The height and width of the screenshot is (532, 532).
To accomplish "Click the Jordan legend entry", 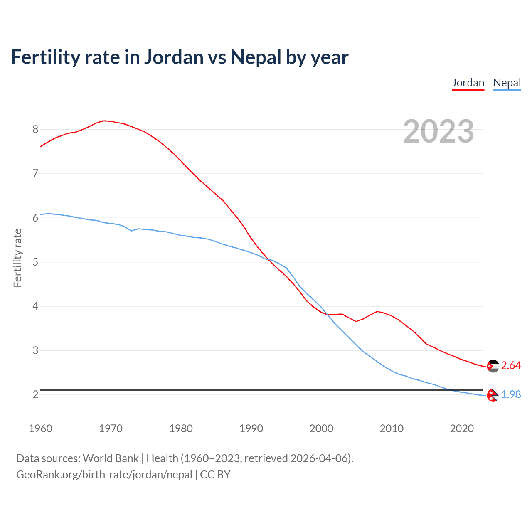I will tap(468, 83).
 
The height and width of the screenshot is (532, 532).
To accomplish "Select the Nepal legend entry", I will tap(507, 83).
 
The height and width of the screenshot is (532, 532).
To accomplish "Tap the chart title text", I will tap(180, 57).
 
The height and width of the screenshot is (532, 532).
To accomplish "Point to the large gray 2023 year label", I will tap(438, 131).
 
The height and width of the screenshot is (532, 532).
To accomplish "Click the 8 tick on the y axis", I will tap(35, 129).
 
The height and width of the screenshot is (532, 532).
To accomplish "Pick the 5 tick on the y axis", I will tap(35, 262).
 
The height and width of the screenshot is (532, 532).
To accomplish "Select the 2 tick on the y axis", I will tap(35, 394).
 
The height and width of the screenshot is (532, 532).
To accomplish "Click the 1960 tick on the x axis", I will tap(40, 429).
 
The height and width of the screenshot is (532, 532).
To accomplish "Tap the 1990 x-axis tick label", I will tap(251, 429).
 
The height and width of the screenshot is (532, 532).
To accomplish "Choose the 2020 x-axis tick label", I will tap(462, 429).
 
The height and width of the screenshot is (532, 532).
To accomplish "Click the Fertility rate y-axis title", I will tap(17, 258).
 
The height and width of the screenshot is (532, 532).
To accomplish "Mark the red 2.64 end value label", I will tap(511, 365).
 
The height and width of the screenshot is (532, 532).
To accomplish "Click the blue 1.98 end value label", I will tap(511, 394).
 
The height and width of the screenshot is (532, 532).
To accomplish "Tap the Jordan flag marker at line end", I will tap(493, 366).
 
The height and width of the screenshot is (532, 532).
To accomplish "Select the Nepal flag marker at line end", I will tap(493, 396).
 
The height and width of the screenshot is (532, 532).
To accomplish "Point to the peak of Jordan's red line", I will tap(104, 121).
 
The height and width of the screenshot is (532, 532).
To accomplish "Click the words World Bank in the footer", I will tap(111, 458).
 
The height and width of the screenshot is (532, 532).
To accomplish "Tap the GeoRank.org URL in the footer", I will tap(104, 475).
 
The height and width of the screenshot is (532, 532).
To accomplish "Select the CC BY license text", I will tap(215, 475).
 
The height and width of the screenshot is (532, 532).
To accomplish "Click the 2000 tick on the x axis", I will tap(321, 429).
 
